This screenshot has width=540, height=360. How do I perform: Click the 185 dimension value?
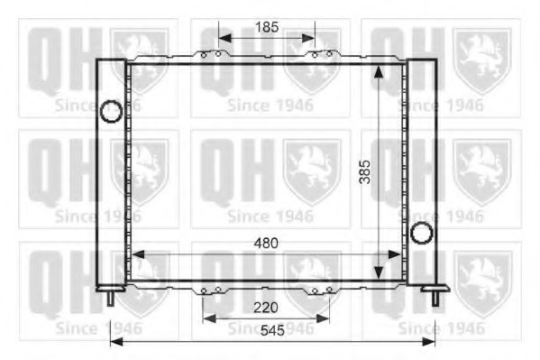point(266,27)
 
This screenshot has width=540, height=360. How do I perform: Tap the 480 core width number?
point(266,243)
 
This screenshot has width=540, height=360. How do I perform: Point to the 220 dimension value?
point(266,308)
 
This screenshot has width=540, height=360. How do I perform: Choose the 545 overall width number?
point(272,331)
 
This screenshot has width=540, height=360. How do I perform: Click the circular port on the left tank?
point(110,113)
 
